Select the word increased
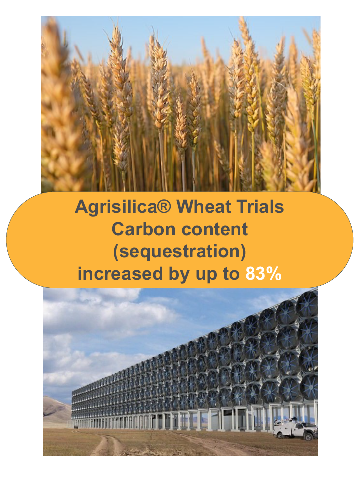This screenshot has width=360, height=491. pos(120,274)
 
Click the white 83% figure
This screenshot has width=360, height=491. pos(263,274)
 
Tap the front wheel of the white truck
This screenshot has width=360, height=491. pos(310,436)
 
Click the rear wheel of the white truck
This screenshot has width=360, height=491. pos(279,434)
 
